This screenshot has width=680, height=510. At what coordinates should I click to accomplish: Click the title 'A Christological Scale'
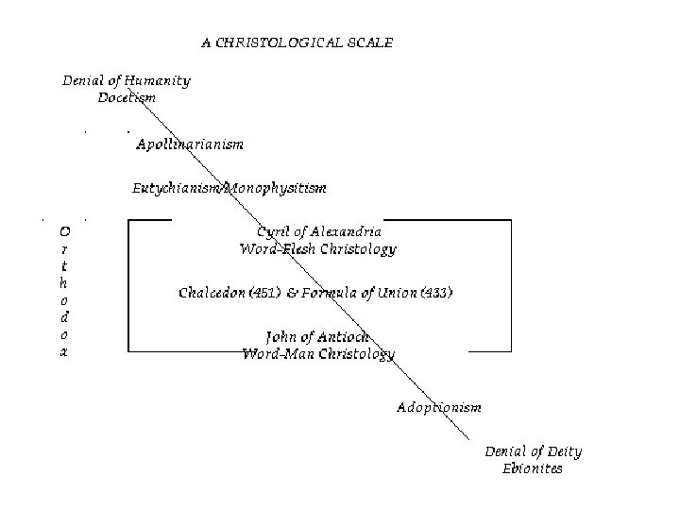pyautogui.click(x=297, y=42)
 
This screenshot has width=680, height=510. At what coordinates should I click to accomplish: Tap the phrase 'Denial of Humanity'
pyautogui.click(x=127, y=81)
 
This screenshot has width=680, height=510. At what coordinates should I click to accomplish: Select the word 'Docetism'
pyautogui.click(x=127, y=97)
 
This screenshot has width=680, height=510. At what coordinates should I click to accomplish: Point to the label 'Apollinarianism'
pyautogui.click(x=190, y=144)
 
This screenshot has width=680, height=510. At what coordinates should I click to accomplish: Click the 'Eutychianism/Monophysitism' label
pyautogui.click(x=229, y=188)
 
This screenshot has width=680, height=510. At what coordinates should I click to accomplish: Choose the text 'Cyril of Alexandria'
pyautogui.click(x=319, y=231)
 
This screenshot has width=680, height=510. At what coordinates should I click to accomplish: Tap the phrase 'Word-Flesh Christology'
pyautogui.click(x=318, y=249)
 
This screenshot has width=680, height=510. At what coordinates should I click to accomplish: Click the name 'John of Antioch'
pyautogui.click(x=318, y=337)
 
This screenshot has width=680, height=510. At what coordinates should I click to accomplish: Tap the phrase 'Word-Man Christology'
pyautogui.click(x=318, y=354)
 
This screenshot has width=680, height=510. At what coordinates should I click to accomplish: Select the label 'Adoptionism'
pyautogui.click(x=439, y=407)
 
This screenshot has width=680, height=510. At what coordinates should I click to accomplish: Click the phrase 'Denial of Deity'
pyautogui.click(x=533, y=451)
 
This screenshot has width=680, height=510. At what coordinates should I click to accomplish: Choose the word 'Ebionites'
pyautogui.click(x=533, y=468)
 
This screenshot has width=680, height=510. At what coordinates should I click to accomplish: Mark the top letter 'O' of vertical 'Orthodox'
pyautogui.click(x=63, y=230)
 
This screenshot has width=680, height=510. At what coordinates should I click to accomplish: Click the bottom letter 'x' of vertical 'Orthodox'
pyautogui.click(x=63, y=351)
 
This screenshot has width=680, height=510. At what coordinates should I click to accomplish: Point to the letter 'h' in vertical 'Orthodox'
pyautogui.click(x=63, y=282)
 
